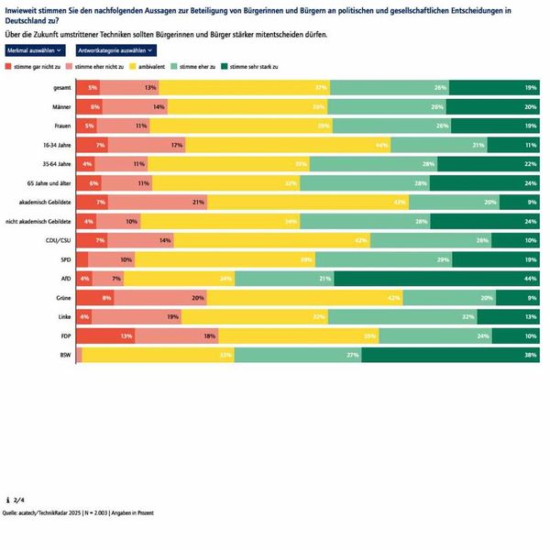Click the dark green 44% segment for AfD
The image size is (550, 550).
pos(439,279)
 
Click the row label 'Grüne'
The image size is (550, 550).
pos(61,298)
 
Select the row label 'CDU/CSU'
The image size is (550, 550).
pos(58,240)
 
